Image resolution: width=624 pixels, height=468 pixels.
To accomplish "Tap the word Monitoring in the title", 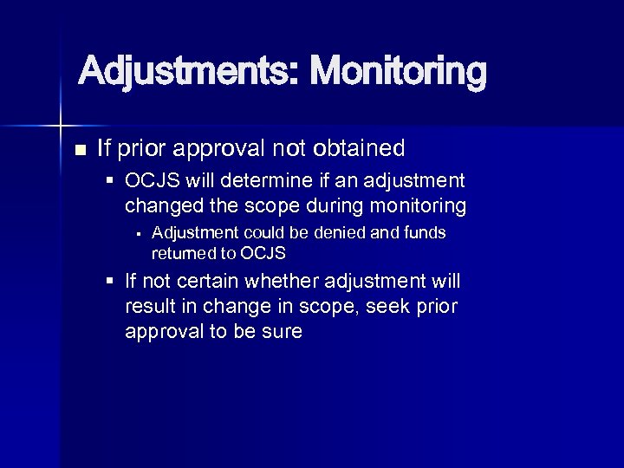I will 398,72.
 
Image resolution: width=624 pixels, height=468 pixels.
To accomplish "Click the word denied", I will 352,233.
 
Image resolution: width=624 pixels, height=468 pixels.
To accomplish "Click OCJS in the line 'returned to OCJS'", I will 263,254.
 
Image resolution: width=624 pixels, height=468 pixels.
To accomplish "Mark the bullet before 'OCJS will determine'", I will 109,181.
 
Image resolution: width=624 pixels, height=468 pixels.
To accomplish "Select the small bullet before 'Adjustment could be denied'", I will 136,233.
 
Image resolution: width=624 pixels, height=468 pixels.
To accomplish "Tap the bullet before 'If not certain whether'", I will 109,282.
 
